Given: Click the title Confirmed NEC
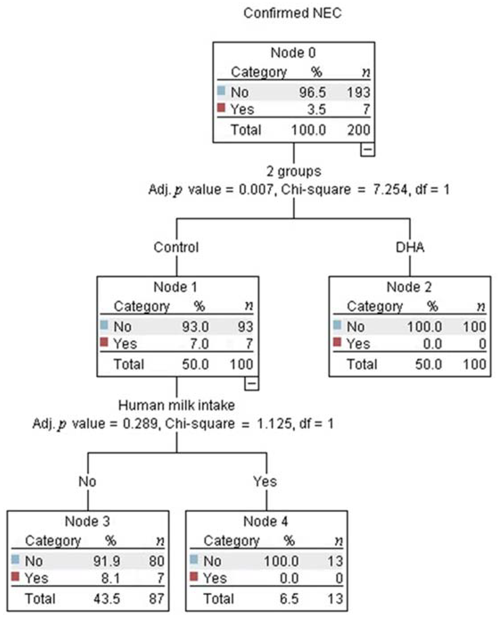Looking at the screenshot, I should tap(292, 13).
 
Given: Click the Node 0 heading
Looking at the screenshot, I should tap(293, 53).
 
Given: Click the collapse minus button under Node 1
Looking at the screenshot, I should tap(251, 383).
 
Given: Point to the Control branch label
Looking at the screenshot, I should tap(176, 247).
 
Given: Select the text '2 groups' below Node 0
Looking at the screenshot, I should tap(294, 172).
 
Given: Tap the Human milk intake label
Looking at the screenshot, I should tap(176, 405).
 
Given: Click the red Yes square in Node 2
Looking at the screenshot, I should tap(337, 342).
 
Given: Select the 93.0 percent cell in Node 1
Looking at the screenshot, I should tap(195, 327).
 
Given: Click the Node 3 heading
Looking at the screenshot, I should tap(87, 521).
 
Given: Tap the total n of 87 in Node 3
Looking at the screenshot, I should tap(156, 599).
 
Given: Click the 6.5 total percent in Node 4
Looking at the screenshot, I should tap(289, 599).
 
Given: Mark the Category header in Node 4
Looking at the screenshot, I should tap(231, 541).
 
